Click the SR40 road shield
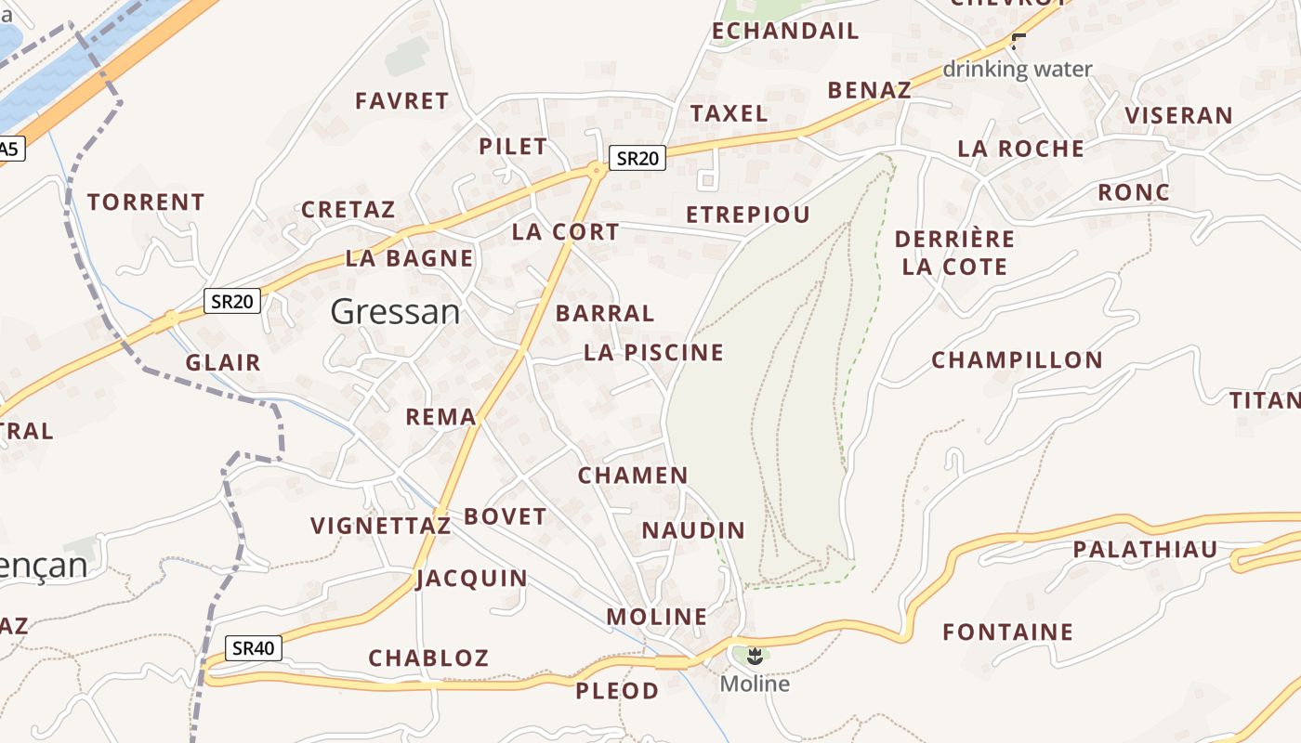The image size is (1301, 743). tap(254, 648)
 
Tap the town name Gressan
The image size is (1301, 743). tap(395, 312)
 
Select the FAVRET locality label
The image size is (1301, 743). tap(402, 101)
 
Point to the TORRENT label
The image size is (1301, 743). tap(146, 202)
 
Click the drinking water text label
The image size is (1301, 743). tap(1018, 69)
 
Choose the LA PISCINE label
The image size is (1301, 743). tap(653, 353)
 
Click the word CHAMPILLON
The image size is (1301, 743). tap(1017, 360)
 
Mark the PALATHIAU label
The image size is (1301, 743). tap(1145, 550)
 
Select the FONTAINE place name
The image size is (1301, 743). tap(1007, 632)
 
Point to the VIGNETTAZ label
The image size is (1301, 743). tap(381, 527)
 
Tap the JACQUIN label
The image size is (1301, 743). tap(472, 579)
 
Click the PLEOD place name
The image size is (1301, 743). tap(617, 691)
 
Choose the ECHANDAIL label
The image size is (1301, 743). tap(785, 32)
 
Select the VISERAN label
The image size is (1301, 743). tap(1178, 116)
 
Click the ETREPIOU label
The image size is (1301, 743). tap(748, 215)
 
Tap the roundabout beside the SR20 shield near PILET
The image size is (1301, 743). tap(596, 169)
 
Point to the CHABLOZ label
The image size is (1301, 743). tap(428, 658)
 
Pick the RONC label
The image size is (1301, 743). tap(1134, 192)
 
